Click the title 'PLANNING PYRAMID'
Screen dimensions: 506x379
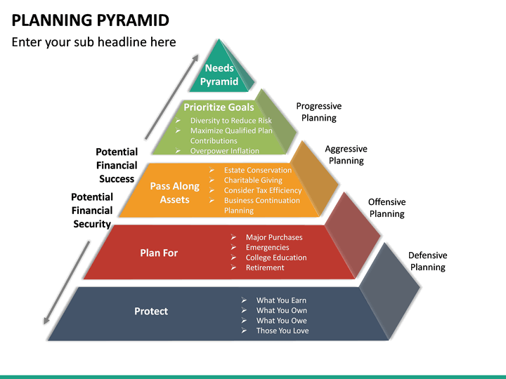[x=91, y=20]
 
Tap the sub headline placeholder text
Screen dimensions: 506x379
[x=93, y=42]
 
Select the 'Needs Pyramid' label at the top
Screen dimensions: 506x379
[x=219, y=75]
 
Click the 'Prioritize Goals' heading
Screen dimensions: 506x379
[x=219, y=107]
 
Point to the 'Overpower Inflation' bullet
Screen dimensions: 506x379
[x=225, y=150]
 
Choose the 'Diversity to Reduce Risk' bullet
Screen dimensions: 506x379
[x=231, y=121]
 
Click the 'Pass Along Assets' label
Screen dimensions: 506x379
[x=174, y=193]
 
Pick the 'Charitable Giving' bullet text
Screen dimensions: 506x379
[x=253, y=180]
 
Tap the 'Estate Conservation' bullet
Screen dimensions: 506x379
[x=258, y=170]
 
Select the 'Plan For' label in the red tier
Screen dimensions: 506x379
[x=159, y=253]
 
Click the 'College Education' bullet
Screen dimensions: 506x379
[x=276, y=258]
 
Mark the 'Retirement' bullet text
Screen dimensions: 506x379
[x=265, y=267]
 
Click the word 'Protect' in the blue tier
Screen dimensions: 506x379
[x=151, y=312]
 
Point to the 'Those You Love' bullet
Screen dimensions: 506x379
[x=283, y=331]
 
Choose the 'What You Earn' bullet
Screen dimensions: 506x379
[x=281, y=300]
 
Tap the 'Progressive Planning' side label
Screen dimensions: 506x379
[x=319, y=112]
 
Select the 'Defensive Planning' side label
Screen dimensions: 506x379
[x=427, y=261]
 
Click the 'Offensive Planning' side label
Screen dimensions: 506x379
[x=387, y=208]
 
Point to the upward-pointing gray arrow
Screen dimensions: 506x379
[x=171, y=97]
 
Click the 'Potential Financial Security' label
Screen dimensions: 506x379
[x=92, y=211]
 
